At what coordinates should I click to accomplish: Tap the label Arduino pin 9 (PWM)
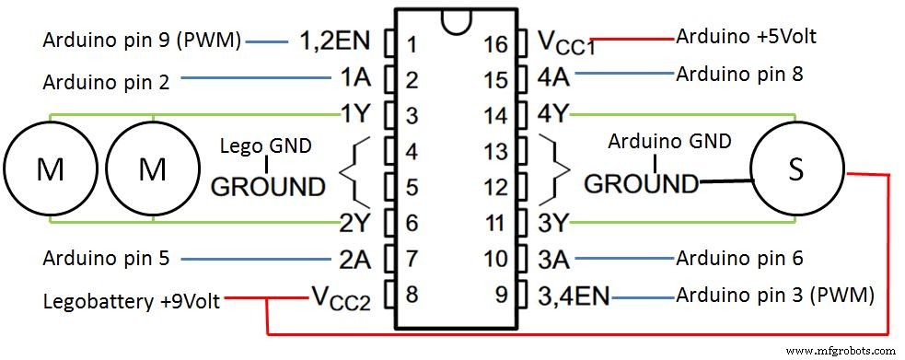(x=142, y=41)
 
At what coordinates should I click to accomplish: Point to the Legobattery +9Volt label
(x=131, y=301)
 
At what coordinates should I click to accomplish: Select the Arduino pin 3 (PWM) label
(x=774, y=296)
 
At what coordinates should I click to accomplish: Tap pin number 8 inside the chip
(x=412, y=296)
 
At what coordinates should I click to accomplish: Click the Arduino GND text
(x=670, y=141)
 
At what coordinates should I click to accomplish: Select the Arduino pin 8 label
(x=739, y=74)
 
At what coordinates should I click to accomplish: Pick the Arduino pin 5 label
(x=106, y=258)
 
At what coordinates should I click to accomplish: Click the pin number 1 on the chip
(x=412, y=43)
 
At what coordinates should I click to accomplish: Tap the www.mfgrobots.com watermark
(x=842, y=351)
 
